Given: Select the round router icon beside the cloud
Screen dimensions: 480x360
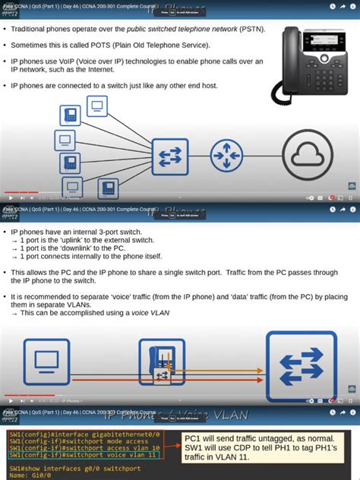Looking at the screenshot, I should point(226,156).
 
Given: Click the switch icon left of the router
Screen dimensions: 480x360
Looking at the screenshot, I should point(169,156).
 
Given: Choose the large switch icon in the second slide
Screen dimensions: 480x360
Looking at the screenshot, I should point(301,366).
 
